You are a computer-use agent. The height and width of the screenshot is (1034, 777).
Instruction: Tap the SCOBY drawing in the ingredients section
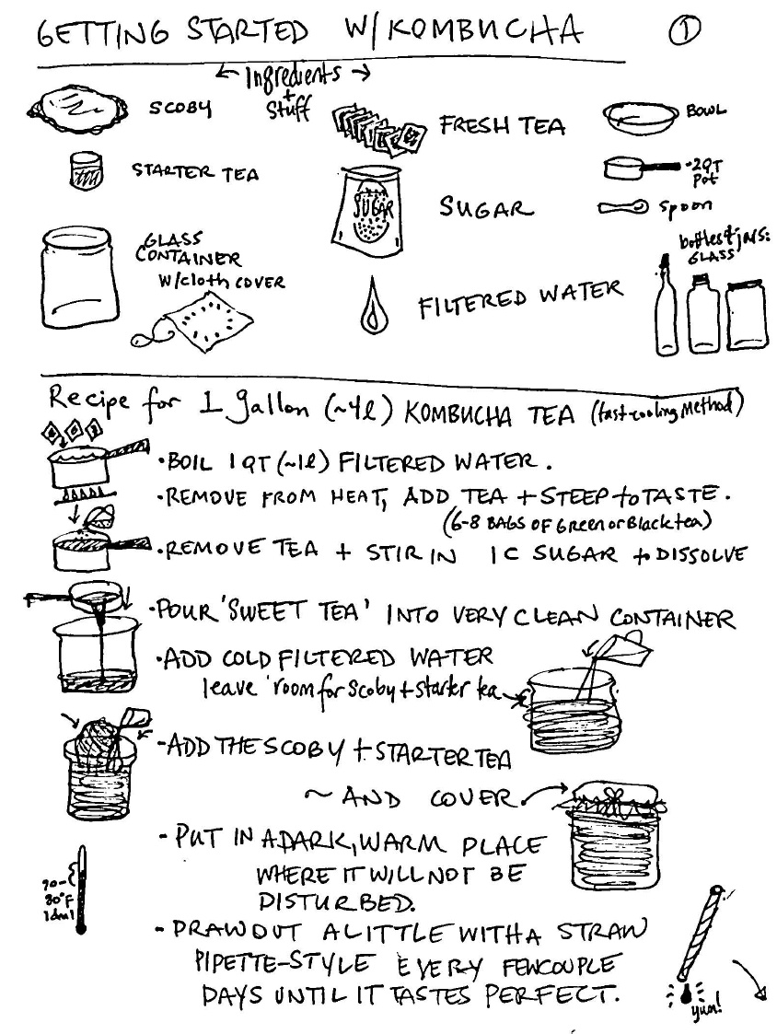tap(78, 110)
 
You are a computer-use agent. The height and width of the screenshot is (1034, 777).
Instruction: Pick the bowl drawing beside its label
tap(640, 118)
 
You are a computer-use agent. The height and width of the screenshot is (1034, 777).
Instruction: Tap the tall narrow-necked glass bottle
tap(667, 308)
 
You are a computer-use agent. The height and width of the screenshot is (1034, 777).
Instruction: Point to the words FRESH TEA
tap(502, 125)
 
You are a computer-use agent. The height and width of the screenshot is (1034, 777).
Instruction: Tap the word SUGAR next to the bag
tap(486, 208)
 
